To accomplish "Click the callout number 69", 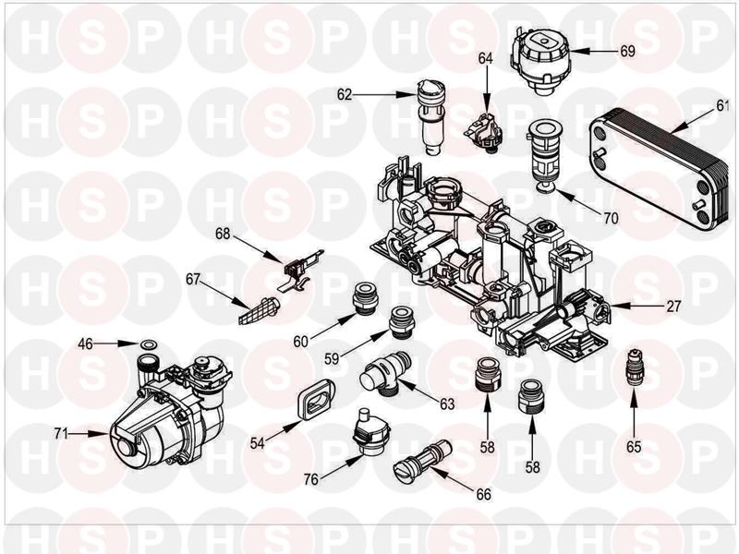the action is click(627, 51).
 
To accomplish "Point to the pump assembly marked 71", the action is click(166, 411).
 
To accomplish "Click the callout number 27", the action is click(673, 307).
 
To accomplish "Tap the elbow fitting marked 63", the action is click(385, 373).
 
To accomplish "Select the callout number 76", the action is click(311, 479).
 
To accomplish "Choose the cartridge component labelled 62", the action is click(430, 116).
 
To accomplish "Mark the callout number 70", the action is click(611, 218).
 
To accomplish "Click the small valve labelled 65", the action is click(635, 367).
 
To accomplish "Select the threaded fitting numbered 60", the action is click(365, 298).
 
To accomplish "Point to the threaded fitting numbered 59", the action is click(402, 322).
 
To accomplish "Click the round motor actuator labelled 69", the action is click(540, 60).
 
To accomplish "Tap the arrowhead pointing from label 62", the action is click(406, 95).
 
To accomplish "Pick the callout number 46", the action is click(85, 344).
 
